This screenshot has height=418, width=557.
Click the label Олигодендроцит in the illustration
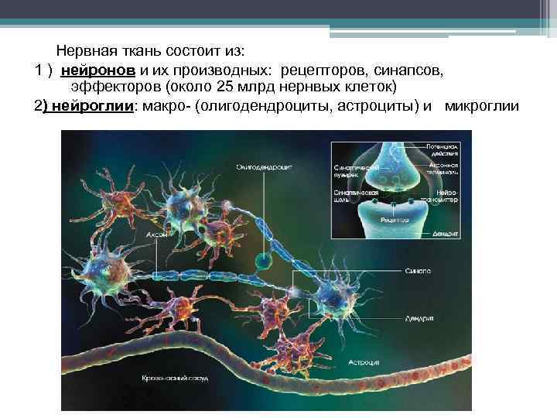[265, 165]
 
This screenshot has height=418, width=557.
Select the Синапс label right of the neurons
[419, 271]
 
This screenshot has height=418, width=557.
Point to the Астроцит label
[363, 361]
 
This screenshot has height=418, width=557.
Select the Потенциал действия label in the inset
[443, 149]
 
